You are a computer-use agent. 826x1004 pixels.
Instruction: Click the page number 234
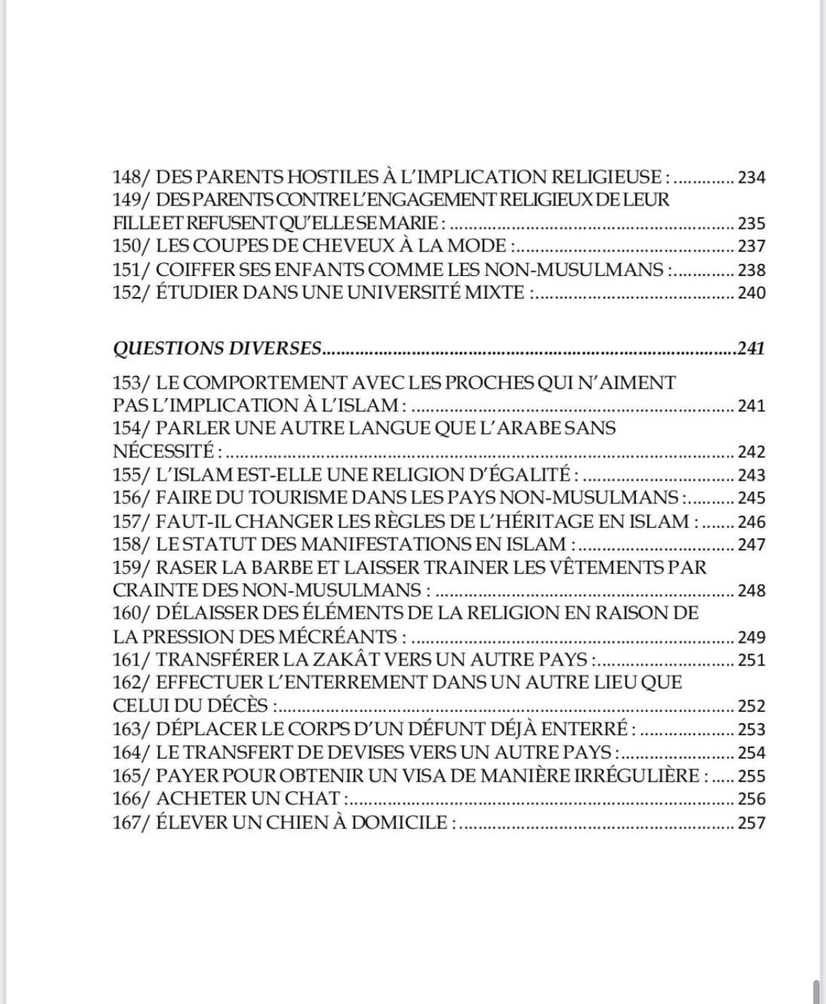[x=751, y=177]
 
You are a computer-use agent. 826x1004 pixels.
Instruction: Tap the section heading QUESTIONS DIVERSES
[x=217, y=349]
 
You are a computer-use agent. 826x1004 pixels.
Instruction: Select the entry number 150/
[x=131, y=246]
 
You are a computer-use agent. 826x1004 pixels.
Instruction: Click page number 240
[x=751, y=293]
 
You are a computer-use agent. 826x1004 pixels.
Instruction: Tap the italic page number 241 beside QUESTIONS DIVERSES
[x=750, y=349]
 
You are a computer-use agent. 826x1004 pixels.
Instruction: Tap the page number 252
[x=751, y=706]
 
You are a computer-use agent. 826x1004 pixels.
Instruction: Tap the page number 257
[x=751, y=823]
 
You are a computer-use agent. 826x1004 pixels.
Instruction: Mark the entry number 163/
[x=131, y=729]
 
